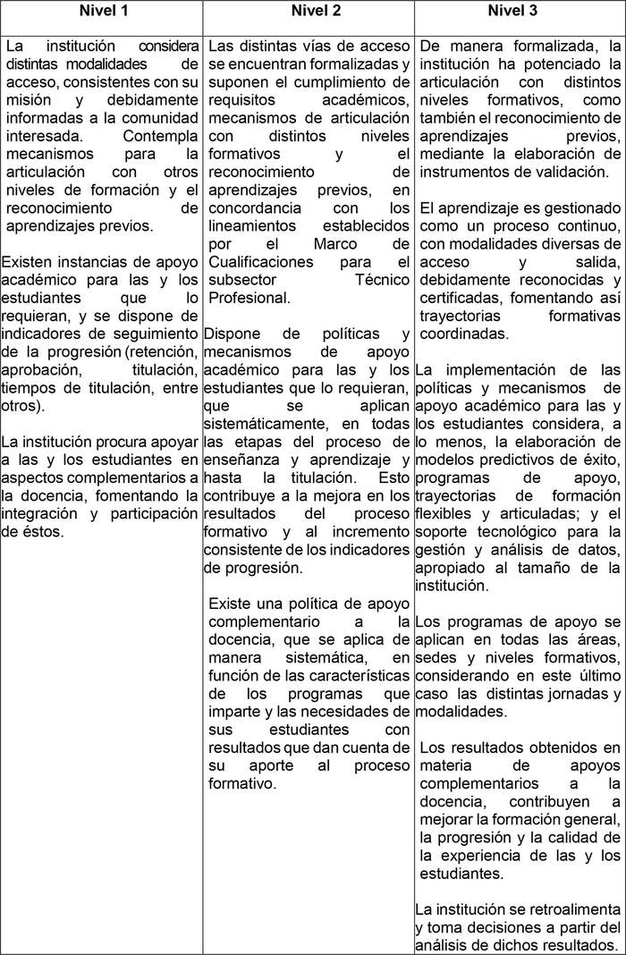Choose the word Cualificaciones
pos(261,262)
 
